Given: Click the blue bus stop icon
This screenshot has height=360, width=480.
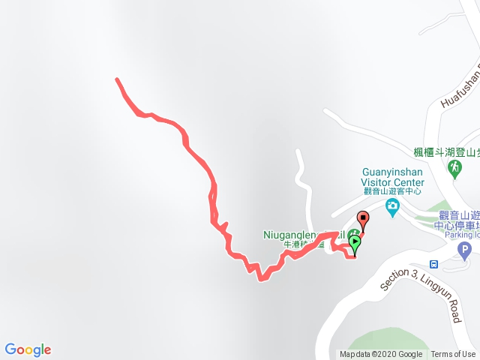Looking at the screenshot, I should (434, 263).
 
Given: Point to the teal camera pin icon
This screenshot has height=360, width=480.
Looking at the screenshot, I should (391, 208).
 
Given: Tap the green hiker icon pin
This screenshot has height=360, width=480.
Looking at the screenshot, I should (454, 169).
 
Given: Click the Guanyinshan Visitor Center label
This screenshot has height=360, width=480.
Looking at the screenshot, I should (393, 176).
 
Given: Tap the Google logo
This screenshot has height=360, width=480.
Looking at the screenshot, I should (28, 349).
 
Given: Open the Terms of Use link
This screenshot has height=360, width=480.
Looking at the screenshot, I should (454, 355).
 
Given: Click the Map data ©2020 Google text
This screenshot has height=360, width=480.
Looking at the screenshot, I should (381, 355).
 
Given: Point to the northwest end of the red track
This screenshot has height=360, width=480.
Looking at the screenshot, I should (117, 79).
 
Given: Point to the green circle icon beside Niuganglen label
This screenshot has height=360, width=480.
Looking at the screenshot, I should (352, 234).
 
